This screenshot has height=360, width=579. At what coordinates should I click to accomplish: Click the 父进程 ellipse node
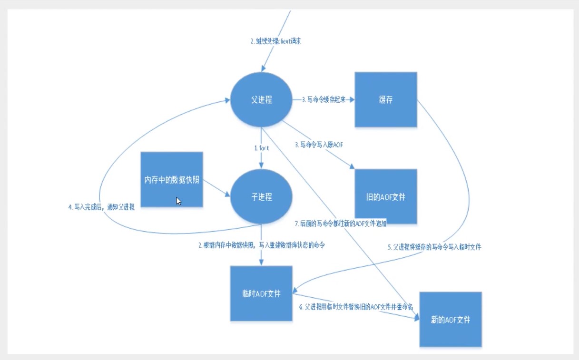point(261,100)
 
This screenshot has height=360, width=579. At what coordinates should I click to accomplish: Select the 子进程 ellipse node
point(261,197)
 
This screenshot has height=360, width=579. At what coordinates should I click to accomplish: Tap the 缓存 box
point(386,100)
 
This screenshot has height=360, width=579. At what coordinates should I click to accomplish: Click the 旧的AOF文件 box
point(386,196)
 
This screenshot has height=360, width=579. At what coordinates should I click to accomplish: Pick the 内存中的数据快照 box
point(172,180)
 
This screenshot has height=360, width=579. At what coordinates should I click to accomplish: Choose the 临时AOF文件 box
point(261,293)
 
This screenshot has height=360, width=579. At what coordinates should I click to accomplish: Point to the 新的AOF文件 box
point(450,320)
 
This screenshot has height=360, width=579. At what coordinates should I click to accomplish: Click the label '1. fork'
point(261,148)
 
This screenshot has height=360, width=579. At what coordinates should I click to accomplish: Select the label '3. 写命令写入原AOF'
point(319,145)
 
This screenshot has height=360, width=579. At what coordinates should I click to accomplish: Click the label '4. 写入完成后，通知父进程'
point(101,207)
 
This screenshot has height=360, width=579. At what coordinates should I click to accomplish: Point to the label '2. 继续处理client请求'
point(276,41)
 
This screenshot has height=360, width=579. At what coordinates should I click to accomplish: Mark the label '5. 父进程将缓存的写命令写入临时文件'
point(437,247)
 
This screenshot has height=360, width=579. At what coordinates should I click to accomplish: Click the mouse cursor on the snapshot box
point(178,201)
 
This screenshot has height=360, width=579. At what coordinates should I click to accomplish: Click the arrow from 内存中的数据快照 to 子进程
point(217,190)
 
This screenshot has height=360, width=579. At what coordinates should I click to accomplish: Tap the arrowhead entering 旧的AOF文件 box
point(352,166)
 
